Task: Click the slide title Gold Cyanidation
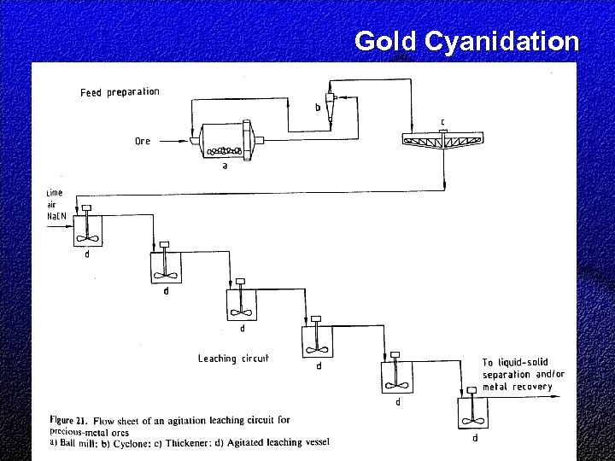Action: [466, 41]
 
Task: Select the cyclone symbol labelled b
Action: [331, 102]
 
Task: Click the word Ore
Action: [142, 141]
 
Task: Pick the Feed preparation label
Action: [120, 92]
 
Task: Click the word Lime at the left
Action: [55, 194]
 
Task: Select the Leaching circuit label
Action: [233, 359]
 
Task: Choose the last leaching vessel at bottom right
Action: [469, 414]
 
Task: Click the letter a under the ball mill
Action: [225, 166]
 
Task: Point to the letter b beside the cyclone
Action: [318, 108]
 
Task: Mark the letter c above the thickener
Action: [442, 121]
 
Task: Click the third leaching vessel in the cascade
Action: [242, 303]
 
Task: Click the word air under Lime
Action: [52, 206]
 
